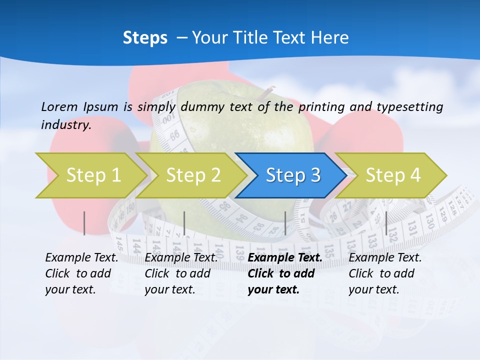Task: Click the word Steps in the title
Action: pos(145,38)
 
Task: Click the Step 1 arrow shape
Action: pos(93,175)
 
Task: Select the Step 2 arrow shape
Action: pos(193,175)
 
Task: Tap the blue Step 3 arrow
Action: pos(293,175)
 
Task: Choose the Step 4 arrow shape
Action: pos(393,175)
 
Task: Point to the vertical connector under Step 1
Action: pos(84,223)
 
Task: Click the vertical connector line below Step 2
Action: pos(184,223)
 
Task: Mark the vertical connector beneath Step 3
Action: pos(285,223)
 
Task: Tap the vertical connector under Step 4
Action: pos(386,223)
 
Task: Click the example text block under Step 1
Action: pos(80,273)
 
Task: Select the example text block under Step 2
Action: pos(180,273)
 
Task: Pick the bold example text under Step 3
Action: pos(284,273)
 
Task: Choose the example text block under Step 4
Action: pos(384,273)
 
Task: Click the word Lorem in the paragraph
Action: pos(59,106)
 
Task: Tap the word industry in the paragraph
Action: pos(66,125)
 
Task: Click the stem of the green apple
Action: pos(269,90)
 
